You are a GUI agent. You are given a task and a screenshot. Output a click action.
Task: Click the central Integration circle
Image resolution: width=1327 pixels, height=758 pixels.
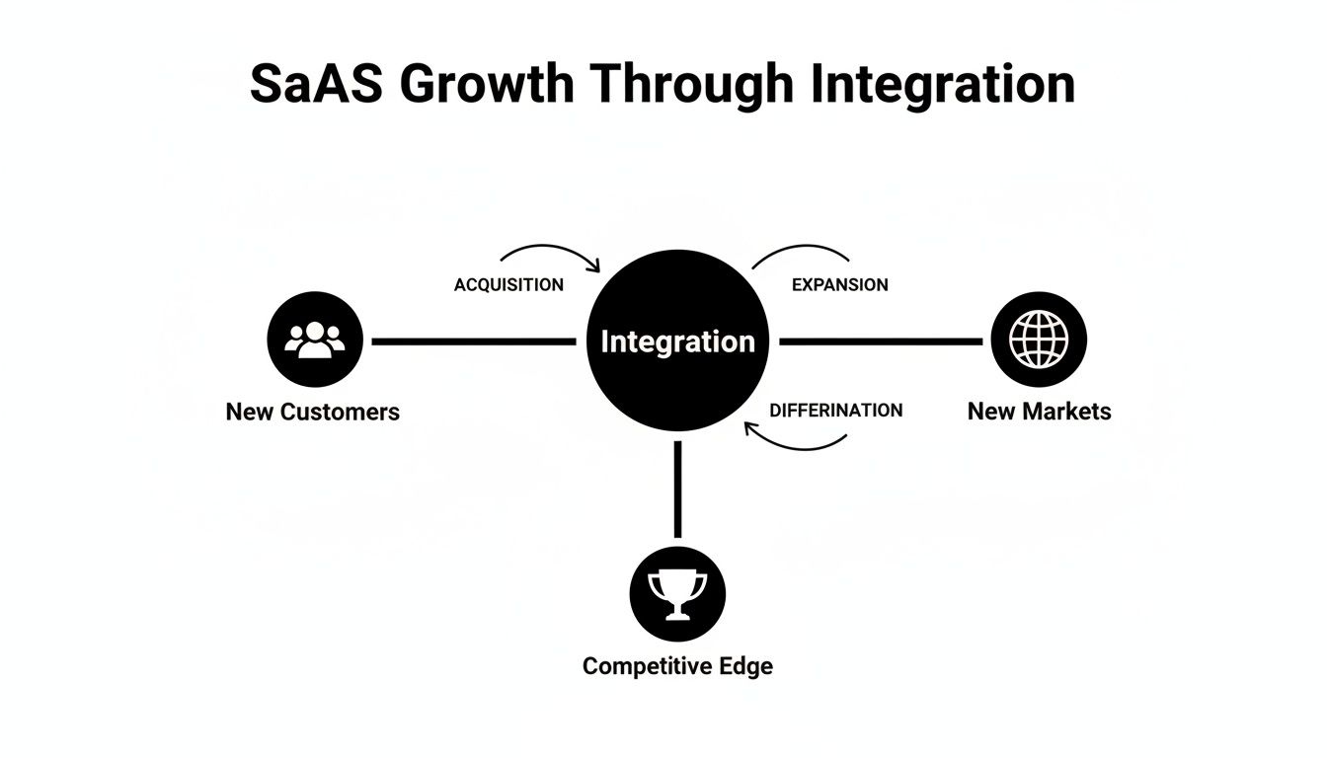(x=677, y=341)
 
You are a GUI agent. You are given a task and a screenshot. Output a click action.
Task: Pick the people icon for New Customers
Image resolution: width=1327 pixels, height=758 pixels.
(x=315, y=341)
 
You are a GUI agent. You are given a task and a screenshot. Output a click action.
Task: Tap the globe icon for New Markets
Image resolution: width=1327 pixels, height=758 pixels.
(x=1039, y=341)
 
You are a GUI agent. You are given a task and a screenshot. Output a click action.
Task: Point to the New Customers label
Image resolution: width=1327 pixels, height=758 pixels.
(x=313, y=412)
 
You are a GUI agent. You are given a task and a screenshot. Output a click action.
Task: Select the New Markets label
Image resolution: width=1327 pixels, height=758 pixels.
(x=1039, y=412)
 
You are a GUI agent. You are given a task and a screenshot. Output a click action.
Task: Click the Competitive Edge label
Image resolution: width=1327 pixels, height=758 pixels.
(x=677, y=666)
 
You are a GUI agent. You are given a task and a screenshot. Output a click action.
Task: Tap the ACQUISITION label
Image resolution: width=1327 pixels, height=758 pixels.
(x=508, y=285)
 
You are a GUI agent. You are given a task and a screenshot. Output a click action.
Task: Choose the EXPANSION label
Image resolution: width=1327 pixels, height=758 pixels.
(x=840, y=285)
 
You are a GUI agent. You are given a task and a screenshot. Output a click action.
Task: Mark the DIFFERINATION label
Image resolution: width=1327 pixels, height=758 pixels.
(x=835, y=411)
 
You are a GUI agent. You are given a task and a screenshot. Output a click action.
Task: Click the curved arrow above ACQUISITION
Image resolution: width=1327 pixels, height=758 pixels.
(x=553, y=250)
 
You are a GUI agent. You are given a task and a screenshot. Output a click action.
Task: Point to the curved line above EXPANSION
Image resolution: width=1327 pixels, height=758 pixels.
(x=800, y=250)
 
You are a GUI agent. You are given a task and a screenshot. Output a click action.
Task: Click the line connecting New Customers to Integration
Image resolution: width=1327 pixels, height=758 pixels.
(x=474, y=341)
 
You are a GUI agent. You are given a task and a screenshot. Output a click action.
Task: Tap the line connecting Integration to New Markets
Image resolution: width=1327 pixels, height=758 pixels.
(x=881, y=341)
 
